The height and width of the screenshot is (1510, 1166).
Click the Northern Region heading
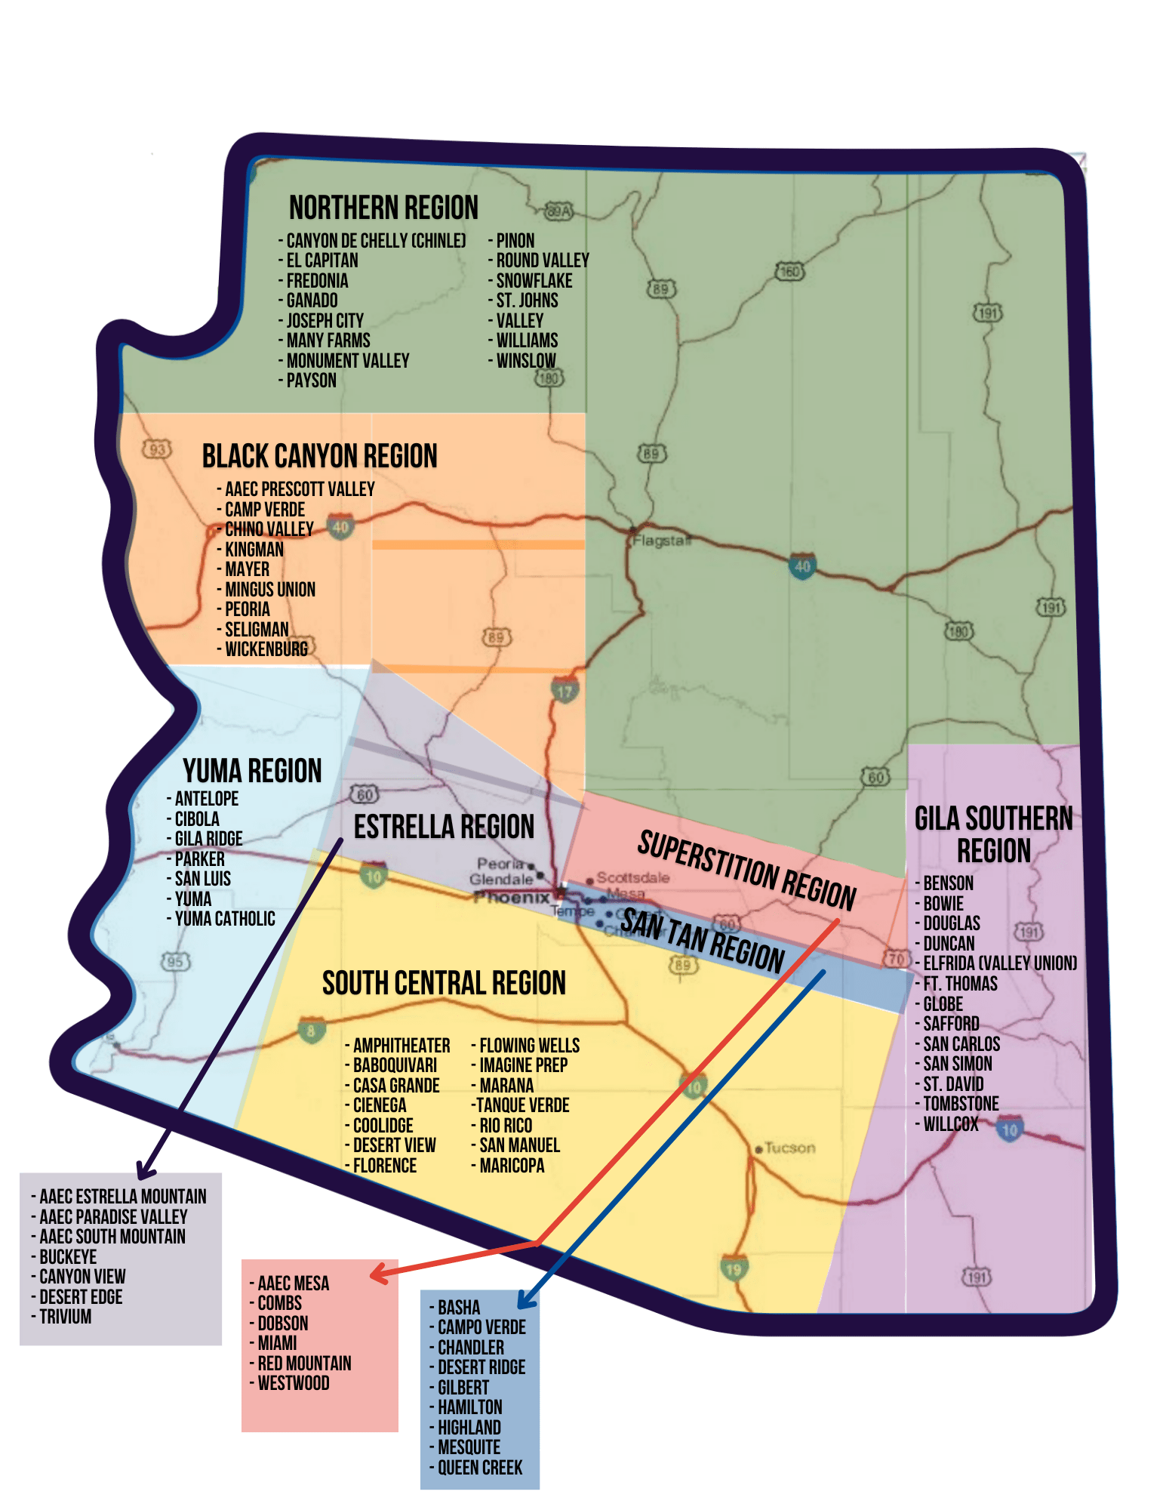[x=383, y=208]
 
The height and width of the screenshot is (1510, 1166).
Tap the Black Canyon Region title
[x=319, y=456]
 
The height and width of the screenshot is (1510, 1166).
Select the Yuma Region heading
[x=252, y=771]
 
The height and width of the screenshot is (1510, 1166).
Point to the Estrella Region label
[x=444, y=827]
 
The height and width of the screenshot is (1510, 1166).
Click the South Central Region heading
[x=444, y=983]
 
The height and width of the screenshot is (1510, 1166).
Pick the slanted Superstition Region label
[x=746, y=871]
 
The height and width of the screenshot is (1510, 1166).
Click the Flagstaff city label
[x=661, y=541]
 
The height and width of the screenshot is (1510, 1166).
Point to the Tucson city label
[x=789, y=1148]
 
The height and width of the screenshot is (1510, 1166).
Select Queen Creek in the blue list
[x=480, y=1468]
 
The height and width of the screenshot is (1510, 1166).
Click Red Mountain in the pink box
[x=304, y=1364]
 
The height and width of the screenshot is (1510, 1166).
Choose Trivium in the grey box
[x=66, y=1317]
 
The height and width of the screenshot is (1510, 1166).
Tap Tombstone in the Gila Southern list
[x=961, y=1104]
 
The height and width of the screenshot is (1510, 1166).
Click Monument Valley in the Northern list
[x=348, y=361]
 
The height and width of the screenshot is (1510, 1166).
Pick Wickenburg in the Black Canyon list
[x=266, y=649]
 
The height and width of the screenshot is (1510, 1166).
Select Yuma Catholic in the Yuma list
[x=225, y=919]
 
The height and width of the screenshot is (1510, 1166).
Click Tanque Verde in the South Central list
[x=522, y=1105]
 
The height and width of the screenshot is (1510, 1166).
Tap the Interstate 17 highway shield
[x=565, y=690]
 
